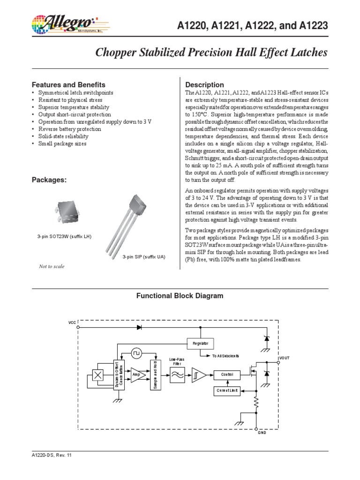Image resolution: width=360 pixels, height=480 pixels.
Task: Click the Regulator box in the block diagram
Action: [x=200, y=343]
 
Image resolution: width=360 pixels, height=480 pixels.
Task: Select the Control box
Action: [x=226, y=375]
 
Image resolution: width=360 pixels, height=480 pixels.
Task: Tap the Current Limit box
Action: [x=226, y=390]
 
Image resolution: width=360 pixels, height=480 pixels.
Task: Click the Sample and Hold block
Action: [x=154, y=375]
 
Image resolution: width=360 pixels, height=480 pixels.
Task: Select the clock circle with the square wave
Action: [x=135, y=351]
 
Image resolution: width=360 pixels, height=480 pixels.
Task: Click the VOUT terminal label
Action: [x=285, y=358]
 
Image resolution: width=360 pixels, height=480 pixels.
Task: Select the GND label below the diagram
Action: [x=262, y=434]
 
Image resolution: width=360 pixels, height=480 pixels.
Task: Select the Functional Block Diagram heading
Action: [x=180, y=296]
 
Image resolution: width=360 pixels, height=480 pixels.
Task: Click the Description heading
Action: [x=205, y=85]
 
